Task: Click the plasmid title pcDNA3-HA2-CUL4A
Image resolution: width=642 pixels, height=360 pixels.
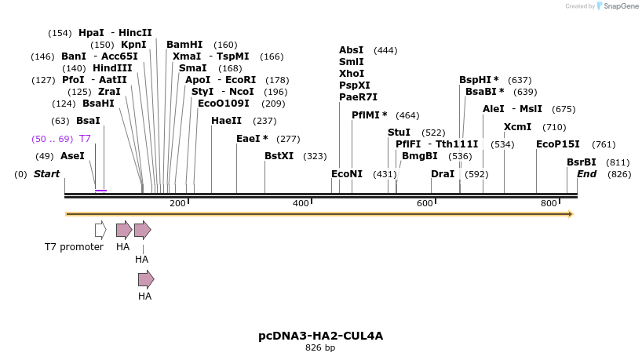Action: point(320,336)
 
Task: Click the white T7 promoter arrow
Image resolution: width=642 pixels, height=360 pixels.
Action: point(100,230)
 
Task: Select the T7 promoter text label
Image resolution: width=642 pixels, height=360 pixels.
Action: point(74,247)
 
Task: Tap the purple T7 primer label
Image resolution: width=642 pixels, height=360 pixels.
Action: point(85,139)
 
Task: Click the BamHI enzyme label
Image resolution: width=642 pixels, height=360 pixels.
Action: point(184,45)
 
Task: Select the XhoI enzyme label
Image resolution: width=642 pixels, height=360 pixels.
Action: point(351,74)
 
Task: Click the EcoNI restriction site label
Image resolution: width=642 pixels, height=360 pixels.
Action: point(347,174)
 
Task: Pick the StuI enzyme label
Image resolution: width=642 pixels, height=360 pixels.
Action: point(399,133)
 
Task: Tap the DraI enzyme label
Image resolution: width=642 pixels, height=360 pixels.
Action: point(443,174)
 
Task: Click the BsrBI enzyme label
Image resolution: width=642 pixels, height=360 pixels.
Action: point(582,162)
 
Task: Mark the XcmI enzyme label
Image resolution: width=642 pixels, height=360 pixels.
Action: point(517,127)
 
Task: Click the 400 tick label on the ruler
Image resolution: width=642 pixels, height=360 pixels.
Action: point(301,204)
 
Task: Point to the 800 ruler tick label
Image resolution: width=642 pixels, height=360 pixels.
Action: point(549,204)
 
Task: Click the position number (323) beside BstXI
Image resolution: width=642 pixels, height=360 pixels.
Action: point(315,156)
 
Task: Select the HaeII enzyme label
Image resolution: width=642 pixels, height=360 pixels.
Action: point(227,121)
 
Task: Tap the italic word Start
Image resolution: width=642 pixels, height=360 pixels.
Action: point(46,174)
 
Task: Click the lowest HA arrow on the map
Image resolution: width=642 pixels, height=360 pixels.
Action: point(146,279)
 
